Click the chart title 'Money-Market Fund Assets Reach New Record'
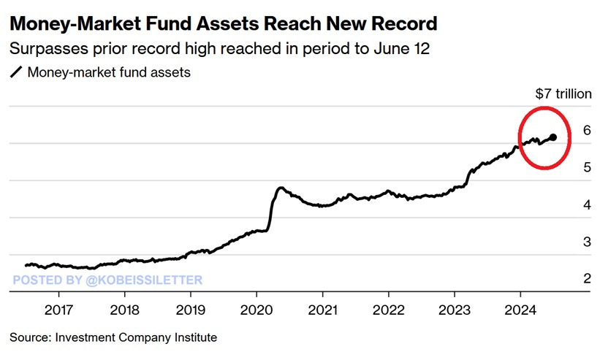[223, 23]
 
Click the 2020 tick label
[256, 308]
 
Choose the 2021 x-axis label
[322, 308]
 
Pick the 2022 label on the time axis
[389, 308]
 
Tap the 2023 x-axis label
[455, 308]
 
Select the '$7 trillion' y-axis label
[562, 94]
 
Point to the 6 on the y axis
[587, 131]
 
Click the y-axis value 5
[587, 168]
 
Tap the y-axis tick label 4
[587, 205]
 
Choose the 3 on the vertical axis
[587, 242]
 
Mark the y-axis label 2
[587, 279]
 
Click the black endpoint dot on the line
[553, 137]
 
